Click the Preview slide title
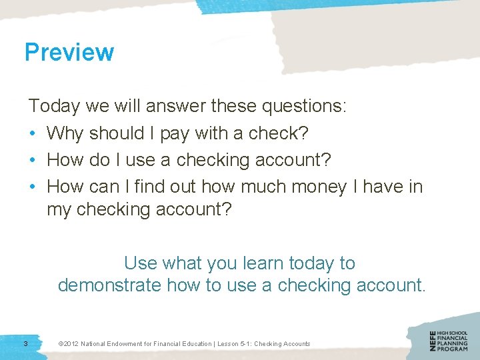pos(69,52)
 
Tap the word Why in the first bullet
pos(65,133)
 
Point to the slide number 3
pos(25,343)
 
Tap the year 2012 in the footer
pos(71,344)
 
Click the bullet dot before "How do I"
pos(33,160)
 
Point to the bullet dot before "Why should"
pos(33,133)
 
